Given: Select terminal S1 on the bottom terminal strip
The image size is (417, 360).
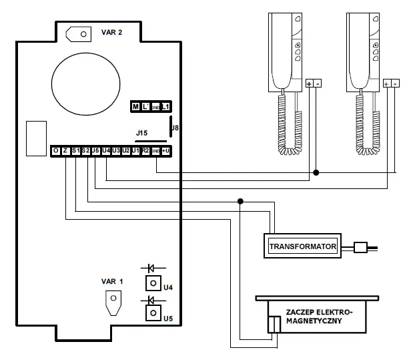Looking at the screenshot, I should point(76,152).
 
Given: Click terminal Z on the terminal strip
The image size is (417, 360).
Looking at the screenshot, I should point(66,152).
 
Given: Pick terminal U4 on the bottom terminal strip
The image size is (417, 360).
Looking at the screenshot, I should point(106,152).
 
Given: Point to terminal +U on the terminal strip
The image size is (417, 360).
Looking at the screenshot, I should point(165,152).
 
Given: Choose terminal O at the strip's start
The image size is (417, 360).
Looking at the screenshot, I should point(56,152).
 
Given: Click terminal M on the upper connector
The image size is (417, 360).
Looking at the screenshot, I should point(135,107).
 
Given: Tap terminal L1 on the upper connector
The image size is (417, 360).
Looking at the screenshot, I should point(165,107).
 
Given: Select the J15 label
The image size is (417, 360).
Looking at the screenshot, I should point(141,134).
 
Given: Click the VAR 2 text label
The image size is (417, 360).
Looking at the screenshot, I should point(111,32).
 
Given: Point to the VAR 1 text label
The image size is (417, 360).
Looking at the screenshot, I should point(113,281).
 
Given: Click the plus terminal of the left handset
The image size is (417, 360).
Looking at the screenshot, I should point(309,83).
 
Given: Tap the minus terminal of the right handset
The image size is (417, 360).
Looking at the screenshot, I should point(396,83).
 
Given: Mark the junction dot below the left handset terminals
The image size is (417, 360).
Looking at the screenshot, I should point(316,172).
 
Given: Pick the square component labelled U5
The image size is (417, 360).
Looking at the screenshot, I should point(153,312).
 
